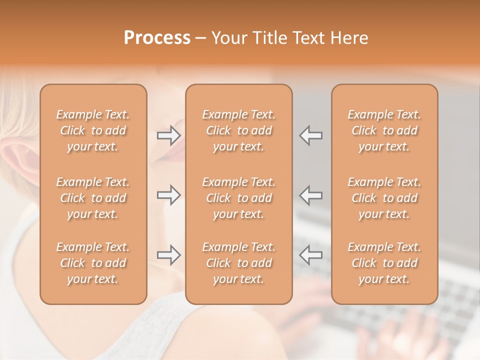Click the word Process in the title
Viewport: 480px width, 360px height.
click(x=157, y=38)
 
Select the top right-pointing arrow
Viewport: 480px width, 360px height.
click(x=168, y=135)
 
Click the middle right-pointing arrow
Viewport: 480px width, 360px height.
click(x=168, y=195)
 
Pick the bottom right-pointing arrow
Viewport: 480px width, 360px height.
click(x=168, y=255)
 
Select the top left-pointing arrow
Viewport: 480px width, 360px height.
click(x=311, y=135)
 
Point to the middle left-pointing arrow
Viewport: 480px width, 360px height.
click(x=311, y=195)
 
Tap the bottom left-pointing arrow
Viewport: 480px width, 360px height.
click(x=311, y=255)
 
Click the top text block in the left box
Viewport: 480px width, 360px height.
click(x=93, y=130)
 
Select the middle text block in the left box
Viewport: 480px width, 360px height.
click(x=93, y=198)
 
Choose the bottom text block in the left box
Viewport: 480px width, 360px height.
click(x=93, y=263)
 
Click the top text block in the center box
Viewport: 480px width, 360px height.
click(x=238, y=130)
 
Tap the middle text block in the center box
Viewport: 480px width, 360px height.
click(x=238, y=198)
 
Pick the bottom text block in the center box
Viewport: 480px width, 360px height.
click(x=238, y=263)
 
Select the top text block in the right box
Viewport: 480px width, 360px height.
click(x=384, y=130)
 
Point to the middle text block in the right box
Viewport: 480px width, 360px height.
click(x=384, y=198)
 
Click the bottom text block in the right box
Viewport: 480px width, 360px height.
click(x=384, y=263)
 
